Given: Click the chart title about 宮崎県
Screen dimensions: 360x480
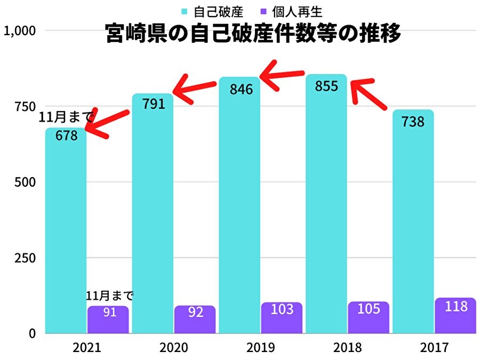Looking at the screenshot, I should point(252,34).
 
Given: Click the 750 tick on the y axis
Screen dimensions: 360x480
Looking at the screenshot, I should point(25,106).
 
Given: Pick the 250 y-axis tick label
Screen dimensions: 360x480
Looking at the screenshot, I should point(25,258).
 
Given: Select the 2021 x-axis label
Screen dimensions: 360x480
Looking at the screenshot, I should point(87,348).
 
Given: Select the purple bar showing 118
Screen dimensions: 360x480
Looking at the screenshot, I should point(455,316).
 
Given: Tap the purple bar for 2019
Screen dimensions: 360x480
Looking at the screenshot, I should point(281,318).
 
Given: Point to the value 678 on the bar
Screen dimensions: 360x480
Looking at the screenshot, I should point(66,135).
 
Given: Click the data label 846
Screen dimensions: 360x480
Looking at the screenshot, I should point(241,89).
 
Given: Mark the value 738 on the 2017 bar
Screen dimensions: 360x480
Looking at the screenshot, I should point(413,122).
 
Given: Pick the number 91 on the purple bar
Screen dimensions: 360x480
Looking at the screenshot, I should point(109,312).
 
